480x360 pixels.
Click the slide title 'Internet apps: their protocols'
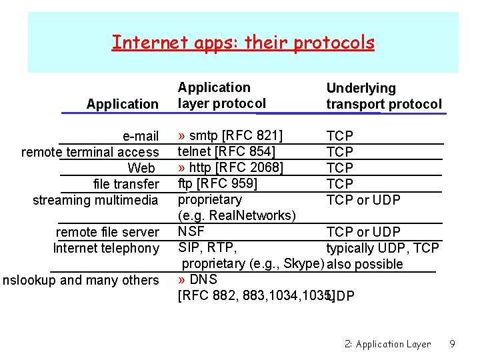coord(243,43)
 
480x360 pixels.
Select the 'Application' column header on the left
coord(122,104)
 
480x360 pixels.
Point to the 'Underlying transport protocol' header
coord(383,96)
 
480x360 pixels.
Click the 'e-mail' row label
coord(141,136)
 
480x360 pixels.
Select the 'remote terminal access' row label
coord(90,152)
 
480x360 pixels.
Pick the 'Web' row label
coord(141,168)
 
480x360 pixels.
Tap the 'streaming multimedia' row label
coord(95,200)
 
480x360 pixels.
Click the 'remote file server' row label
coord(107,232)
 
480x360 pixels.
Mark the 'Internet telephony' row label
coord(106,248)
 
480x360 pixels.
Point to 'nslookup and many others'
coord(81,280)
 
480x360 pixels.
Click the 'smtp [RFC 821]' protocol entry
coord(235,136)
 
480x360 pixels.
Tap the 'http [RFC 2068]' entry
coord(235,167)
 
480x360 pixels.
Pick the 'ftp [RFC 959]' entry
coord(217,183)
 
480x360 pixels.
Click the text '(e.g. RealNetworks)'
coord(237,215)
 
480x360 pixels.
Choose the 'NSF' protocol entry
coord(191,231)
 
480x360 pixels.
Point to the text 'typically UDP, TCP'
coord(383,248)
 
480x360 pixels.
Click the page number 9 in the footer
coord(452,344)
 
